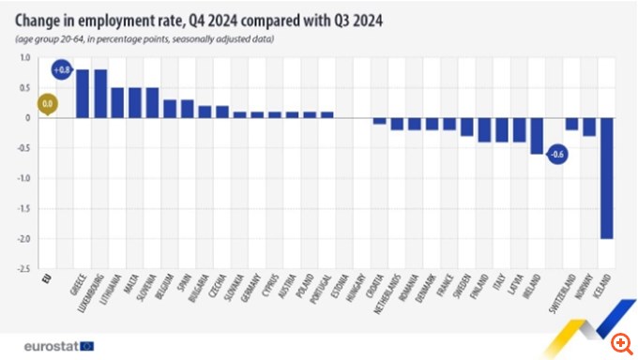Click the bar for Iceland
click(606, 178)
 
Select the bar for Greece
click(83, 94)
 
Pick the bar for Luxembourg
click(100, 94)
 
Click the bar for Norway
click(589, 127)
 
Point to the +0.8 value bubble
click(63, 70)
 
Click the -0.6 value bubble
click(556, 154)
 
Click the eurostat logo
click(57, 345)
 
